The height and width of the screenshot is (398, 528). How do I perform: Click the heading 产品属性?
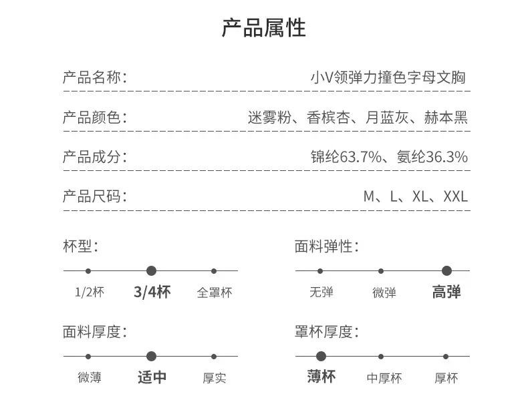pyautogui.click(x=263, y=28)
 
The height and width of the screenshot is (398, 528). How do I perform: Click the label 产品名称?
pyautogui.click(x=92, y=77)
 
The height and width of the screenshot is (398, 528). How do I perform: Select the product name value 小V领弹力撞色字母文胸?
pyautogui.click(x=388, y=77)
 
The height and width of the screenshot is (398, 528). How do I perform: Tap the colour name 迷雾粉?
pyautogui.click(x=269, y=118)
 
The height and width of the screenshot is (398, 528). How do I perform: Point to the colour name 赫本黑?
pyautogui.click(x=446, y=118)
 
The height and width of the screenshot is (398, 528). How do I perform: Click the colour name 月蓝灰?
pyautogui.click(x=387, y=118)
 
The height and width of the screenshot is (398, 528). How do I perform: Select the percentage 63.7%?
pyautogui.click(x=361, y=157)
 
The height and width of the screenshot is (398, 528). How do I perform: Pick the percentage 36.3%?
pyautogui.click(x=447, y=157)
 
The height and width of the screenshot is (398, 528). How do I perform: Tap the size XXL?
pyautogui.click(x=456, y=196)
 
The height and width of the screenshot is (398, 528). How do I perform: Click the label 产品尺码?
pyautogui.click(x=92, y=196)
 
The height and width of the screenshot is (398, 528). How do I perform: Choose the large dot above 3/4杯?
pyautogui.click(x=152, y=271)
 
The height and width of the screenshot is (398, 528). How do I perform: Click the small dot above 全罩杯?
pyautogui.click(x=214, y=271)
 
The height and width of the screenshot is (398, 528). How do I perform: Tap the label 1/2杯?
pyautogui.click(x=90, y=292)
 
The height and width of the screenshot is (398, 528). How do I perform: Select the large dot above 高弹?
pyautogui.click(x=447, y=271)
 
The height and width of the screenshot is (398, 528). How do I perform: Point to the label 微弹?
pyautogui.click(x=384, y=292)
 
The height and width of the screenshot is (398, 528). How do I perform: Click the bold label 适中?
pyautogui.click(x=152, y=377)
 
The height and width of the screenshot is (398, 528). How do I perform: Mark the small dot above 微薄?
pyautogui.click(x=88, y=357)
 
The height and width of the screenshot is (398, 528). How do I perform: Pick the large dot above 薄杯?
pyautogui.click(x=321, y=357)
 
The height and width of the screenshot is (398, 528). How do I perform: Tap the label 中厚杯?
pyautogui.click(x=384, y=378)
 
